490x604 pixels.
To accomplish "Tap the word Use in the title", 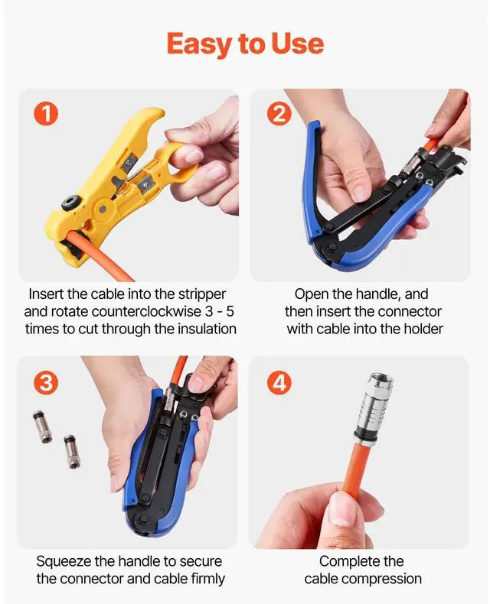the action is (297, 43).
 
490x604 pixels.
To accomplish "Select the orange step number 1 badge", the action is (46, 115).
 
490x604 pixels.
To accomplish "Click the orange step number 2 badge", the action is (279, 115).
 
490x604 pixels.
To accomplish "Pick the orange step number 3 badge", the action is (46, 383).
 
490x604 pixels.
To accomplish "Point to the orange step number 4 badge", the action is (279, 383).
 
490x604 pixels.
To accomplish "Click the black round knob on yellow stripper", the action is (70, 203).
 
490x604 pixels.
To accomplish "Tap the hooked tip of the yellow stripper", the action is (158, 112).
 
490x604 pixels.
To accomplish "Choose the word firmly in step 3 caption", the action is (208, 579).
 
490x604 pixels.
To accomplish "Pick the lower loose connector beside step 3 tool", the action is (72, 451).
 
